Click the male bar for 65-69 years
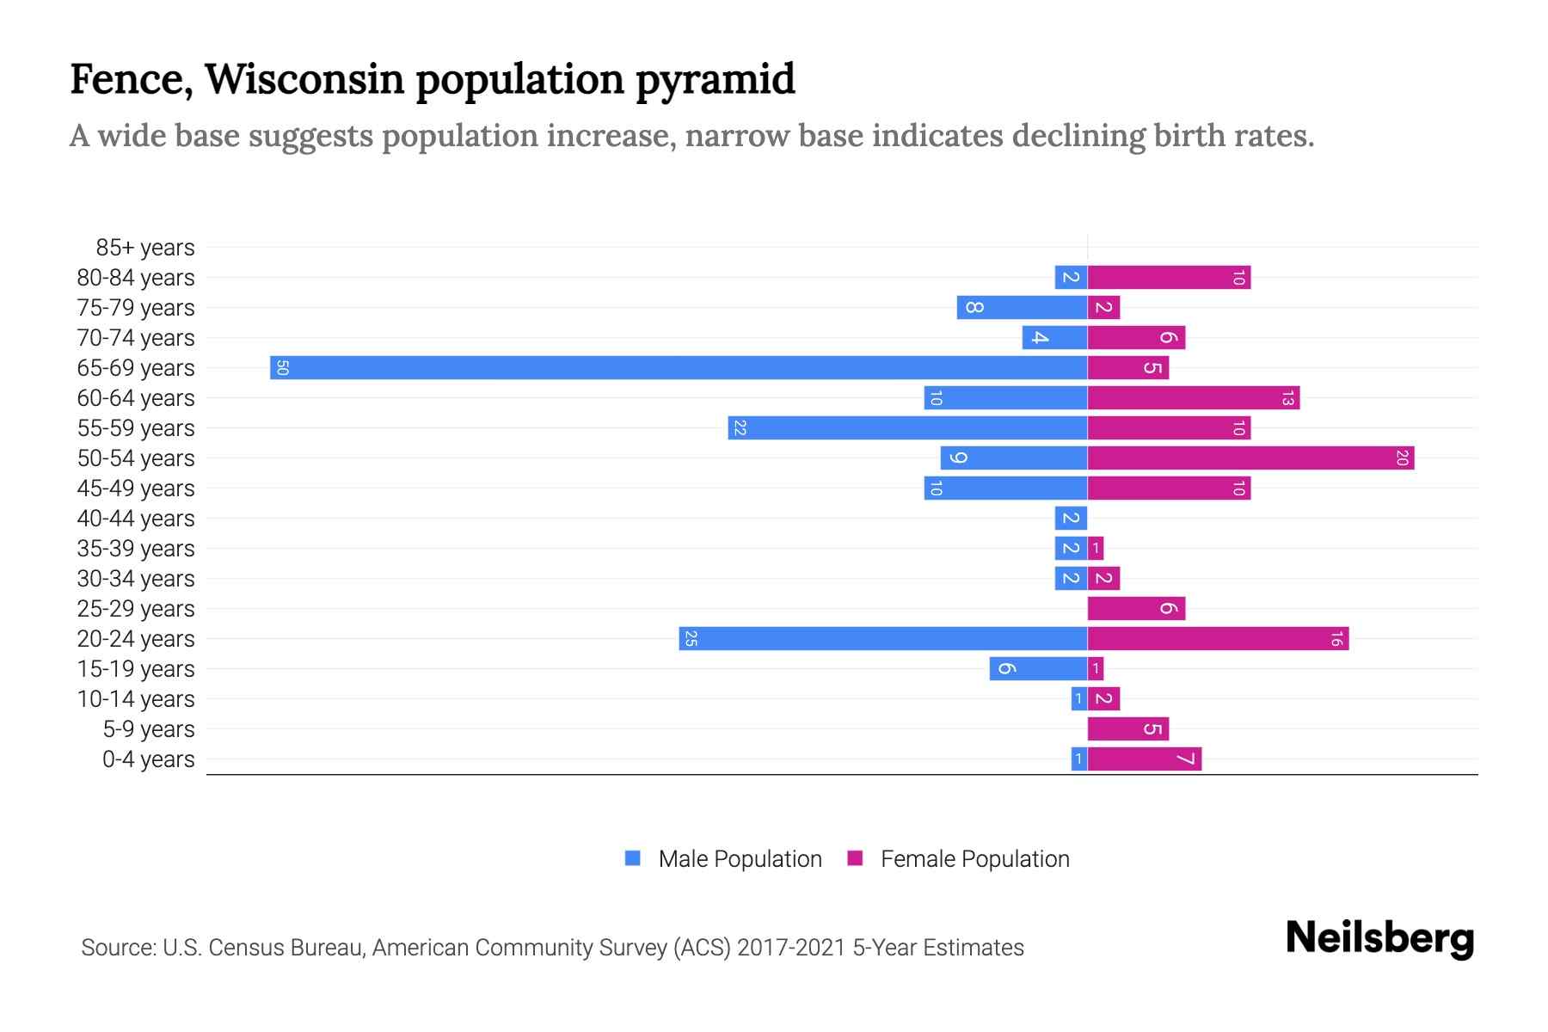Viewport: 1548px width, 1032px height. (x=679, y=367)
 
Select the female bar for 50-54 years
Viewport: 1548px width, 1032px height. (x=1250, y=458)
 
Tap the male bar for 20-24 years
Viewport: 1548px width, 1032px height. (x=883, y=638)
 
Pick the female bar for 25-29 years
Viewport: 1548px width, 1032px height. (x=1136, y=608)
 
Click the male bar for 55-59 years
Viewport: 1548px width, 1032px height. (x=907, y=427)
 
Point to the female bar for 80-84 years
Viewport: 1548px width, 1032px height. (x=1169, y=277)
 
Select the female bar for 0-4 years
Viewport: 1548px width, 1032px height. (x=1144, y=759)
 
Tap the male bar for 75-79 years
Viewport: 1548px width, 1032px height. (x=1022, y=307)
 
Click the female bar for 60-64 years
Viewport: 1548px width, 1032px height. (x=1193, y=397)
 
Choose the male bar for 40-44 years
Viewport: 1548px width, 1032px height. (x=1071, y=518)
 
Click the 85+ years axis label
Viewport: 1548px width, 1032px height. (x=145, y=248)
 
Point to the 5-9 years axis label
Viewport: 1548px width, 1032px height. (x=149, y=729)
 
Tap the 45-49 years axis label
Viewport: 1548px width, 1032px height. (x=136, y=488)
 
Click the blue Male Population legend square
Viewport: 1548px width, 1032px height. (x=633, y=858)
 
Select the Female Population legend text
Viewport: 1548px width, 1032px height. (x=974, y=858)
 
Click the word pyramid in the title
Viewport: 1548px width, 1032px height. (x=716, y=79)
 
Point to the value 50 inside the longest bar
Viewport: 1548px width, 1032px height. (x=282, y=368)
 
